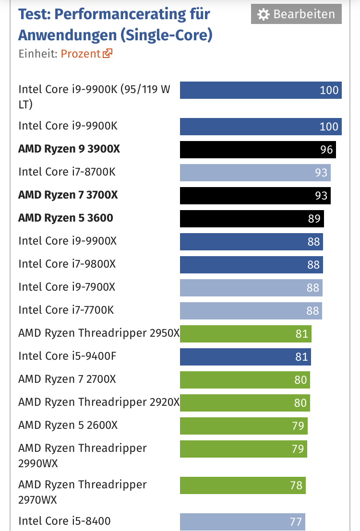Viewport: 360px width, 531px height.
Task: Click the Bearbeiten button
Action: click(x=296, y=14)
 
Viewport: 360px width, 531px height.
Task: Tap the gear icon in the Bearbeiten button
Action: click(x=263, y=15)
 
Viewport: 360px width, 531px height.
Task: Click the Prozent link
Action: click(x=81, y=53)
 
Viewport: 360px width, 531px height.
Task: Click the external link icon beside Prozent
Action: click(x=107, y=53)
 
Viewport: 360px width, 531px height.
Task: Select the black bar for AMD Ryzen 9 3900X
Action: click(x=258, y=149)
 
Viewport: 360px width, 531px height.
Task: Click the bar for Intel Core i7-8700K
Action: click(x=255, y=172)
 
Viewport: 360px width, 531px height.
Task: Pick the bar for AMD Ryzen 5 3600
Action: click(x=252, y=218)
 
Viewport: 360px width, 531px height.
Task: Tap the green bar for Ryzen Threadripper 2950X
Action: click(x=245, y=333)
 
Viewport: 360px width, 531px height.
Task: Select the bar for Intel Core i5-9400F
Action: click(x=245, y=356)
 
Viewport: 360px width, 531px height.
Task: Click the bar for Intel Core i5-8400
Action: click(x=242, y=521)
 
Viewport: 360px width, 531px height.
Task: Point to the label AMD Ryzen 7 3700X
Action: click(x=68, y=195)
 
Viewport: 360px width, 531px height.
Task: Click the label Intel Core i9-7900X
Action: click(x=67, y=287)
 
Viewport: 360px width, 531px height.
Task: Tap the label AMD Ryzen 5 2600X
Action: click(x=68, y=425)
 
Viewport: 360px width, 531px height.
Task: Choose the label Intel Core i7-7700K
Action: click(x=66, y=310)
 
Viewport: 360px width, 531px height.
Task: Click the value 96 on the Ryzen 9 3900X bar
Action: click(x=326, y=150)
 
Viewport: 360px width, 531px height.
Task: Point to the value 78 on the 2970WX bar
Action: click(x=296, y=485)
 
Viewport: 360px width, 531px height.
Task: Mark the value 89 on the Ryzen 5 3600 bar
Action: click(x=314, y=219)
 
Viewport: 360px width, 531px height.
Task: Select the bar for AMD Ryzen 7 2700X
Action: click(x=245, y=379)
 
